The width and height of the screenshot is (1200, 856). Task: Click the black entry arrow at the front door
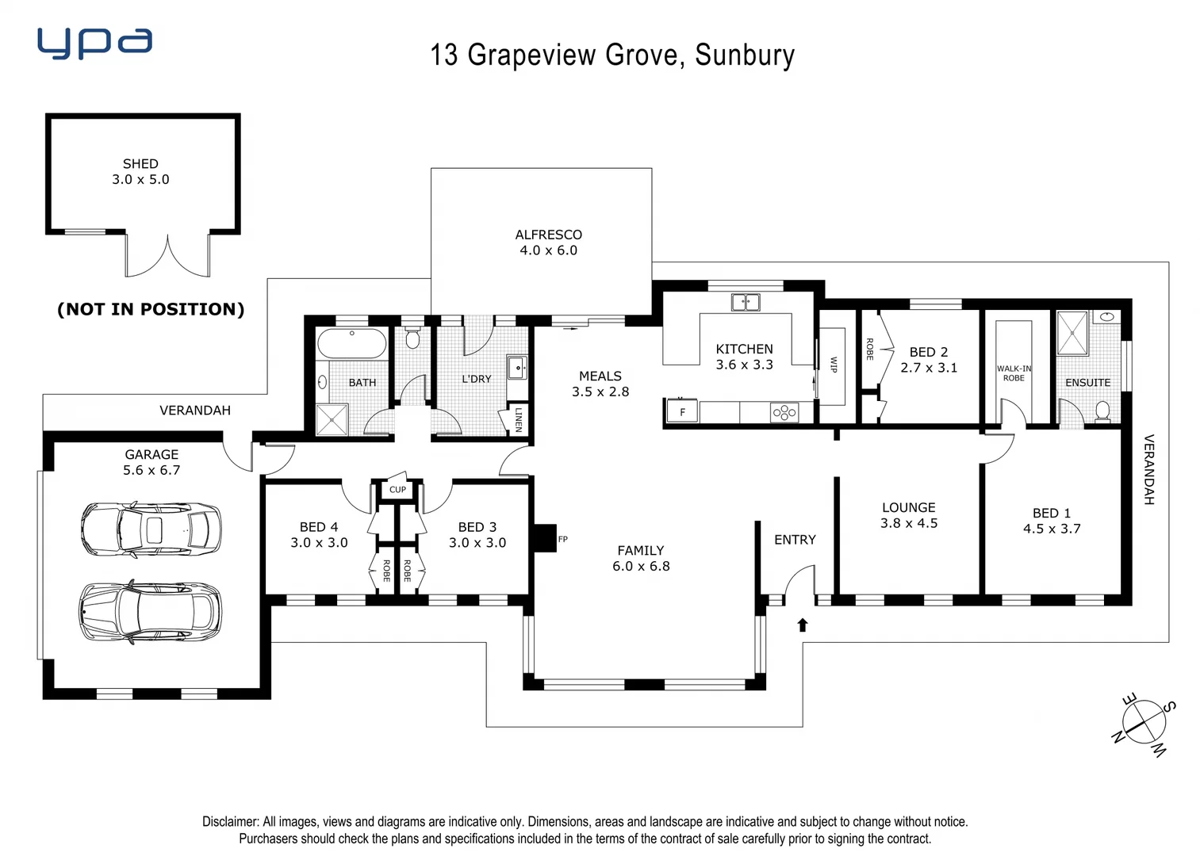click(x=802, y=625)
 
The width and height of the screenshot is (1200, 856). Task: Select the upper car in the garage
click(x=151, y=529)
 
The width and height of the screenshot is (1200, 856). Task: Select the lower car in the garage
click(x=151, y=611)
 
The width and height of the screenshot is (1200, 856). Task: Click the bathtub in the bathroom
click(x=351, y=344)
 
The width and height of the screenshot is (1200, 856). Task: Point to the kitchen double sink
click(x=745, y=302)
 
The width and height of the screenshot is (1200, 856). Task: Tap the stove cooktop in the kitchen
click(x=784, y=412)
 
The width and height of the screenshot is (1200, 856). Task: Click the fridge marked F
click(x=682, y=412)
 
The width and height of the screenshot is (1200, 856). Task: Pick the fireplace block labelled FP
click(x=546, y=538)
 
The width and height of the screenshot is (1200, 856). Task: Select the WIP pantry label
click(x=833, y=365)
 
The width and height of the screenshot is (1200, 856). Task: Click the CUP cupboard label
click(x=397, y=489)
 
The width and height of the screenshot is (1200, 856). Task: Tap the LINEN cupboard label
click(x=518, y=419)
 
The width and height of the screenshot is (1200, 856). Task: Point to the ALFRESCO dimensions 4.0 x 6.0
click(x=548, y=250)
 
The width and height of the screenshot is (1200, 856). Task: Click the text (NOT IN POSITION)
click(x=151, y=309)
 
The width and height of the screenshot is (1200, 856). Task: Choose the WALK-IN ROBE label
click(x=1014, y=373)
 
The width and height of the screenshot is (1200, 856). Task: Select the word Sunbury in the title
click(x=744, y=55)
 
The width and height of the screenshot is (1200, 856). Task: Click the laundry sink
click(x=516, y=368)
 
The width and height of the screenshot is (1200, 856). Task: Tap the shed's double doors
click(x=167, y=254)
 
